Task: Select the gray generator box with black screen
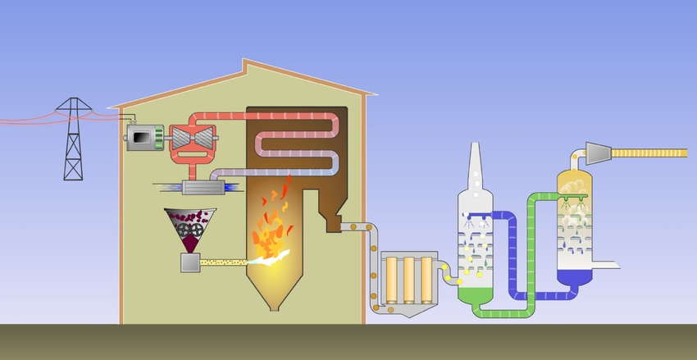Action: point(143,137)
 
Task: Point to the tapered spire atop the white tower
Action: point(474,164)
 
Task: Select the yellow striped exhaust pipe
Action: point(652,152)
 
